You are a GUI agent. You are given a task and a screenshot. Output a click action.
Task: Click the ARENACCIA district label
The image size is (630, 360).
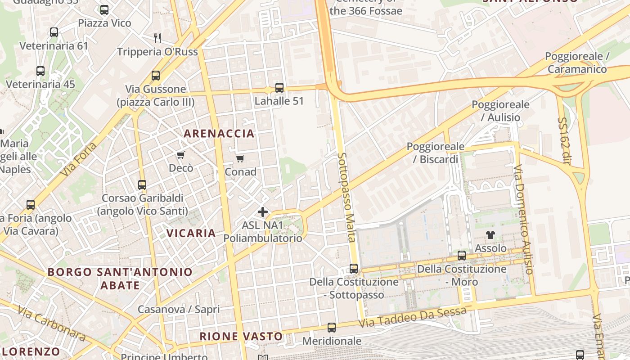pos(219,134)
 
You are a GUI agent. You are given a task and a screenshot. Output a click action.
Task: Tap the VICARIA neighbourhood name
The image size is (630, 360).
pos(191,233)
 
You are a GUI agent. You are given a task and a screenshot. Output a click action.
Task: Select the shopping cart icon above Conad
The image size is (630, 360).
pos(240,159)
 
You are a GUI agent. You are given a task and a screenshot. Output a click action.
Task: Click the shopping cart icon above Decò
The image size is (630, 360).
pos(181,155)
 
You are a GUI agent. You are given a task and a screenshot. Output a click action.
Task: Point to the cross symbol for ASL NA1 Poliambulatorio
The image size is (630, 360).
pos(263,211)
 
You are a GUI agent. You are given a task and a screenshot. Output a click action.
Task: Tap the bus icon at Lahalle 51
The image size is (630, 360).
pos(279,88)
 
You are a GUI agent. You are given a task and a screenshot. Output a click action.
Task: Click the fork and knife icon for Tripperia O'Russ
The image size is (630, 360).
pos(157,38)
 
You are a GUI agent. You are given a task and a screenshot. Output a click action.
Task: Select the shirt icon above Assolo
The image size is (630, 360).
pos(490,235)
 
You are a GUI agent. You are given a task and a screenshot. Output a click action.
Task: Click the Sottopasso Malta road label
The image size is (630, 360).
pos(347,198)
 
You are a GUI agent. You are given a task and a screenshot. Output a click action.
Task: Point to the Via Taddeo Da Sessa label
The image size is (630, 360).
pos(413,317)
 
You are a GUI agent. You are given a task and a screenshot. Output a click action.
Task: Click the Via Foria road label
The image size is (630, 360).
pos(80,160)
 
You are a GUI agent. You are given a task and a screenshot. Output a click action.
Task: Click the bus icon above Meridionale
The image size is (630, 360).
pos(332,328)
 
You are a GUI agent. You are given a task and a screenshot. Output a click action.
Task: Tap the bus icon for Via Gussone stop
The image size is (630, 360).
pos(156,76)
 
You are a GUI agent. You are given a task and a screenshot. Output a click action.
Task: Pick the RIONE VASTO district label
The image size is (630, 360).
pos(241,336)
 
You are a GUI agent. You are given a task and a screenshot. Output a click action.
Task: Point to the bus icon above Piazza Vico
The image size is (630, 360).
pos(104,10)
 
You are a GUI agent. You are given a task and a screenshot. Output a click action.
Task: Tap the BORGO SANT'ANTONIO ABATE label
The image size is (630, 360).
pos(120,279)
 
